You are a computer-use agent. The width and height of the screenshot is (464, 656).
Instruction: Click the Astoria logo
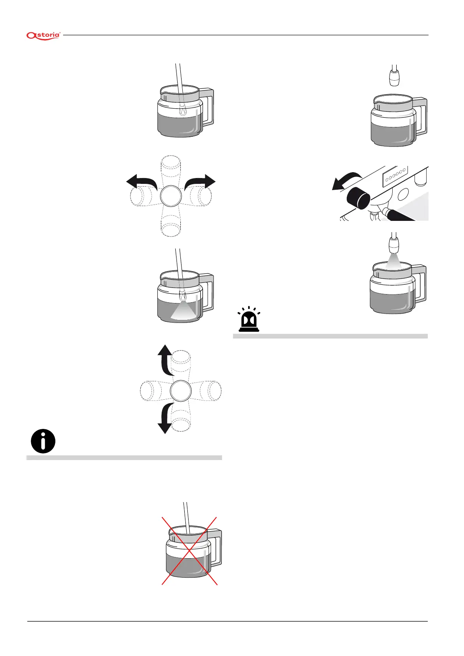pos(43,35)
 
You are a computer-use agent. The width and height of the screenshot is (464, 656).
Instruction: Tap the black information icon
pos(43,441)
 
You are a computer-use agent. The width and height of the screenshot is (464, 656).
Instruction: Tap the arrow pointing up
pos(165,358)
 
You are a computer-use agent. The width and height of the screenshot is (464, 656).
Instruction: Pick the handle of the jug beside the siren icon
pos(420,283)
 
